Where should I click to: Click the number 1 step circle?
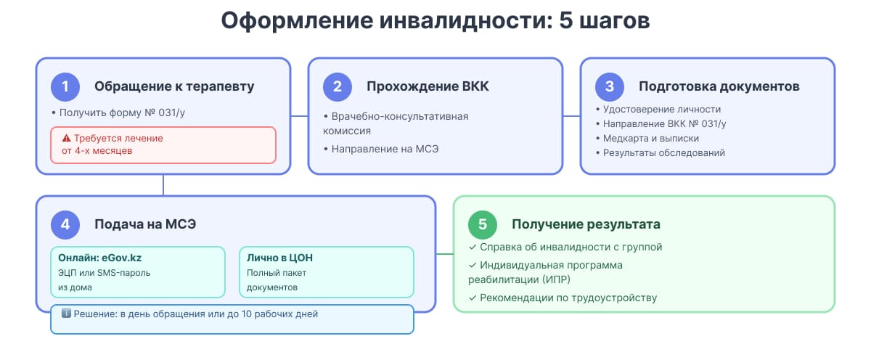point(65,87)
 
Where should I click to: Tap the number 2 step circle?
point(338,87)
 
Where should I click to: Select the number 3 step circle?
point(610,87)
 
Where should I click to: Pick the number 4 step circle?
point(65,225)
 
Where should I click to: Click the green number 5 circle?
point(483,225)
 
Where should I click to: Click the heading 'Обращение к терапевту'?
point(174,87)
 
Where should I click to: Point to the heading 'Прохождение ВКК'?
point(428,87)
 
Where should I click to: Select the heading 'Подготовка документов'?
point(719,87)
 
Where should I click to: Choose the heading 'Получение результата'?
point(586,225)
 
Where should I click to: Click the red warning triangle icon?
point(66,138)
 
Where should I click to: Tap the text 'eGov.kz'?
point(120,258)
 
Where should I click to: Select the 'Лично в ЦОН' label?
point(280,258)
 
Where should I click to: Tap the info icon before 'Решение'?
point(66,314)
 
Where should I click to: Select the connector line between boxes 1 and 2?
point(299,116)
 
